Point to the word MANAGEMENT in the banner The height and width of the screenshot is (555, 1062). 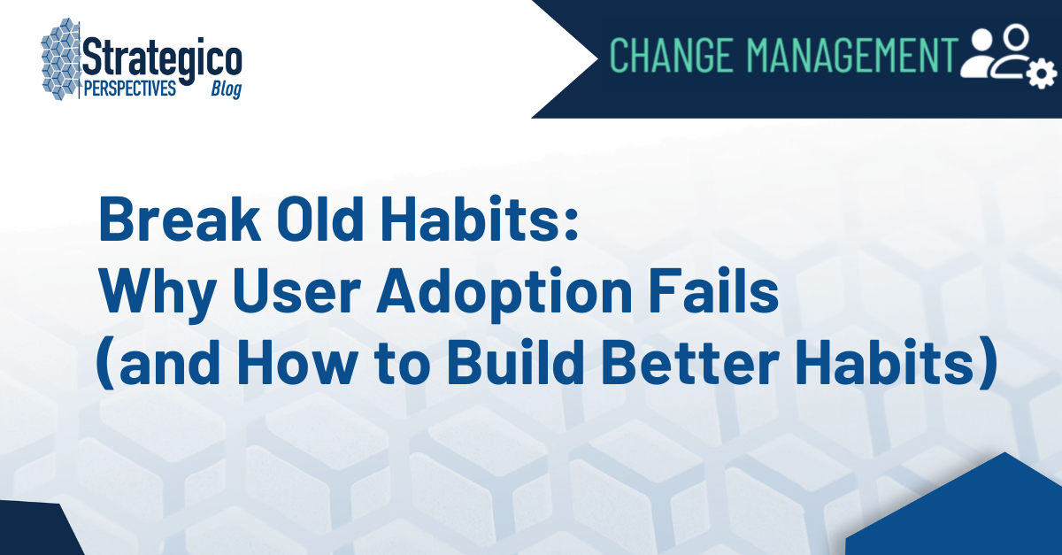852,55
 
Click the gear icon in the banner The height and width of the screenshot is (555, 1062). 1040,74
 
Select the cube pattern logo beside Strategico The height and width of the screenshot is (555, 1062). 60,60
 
